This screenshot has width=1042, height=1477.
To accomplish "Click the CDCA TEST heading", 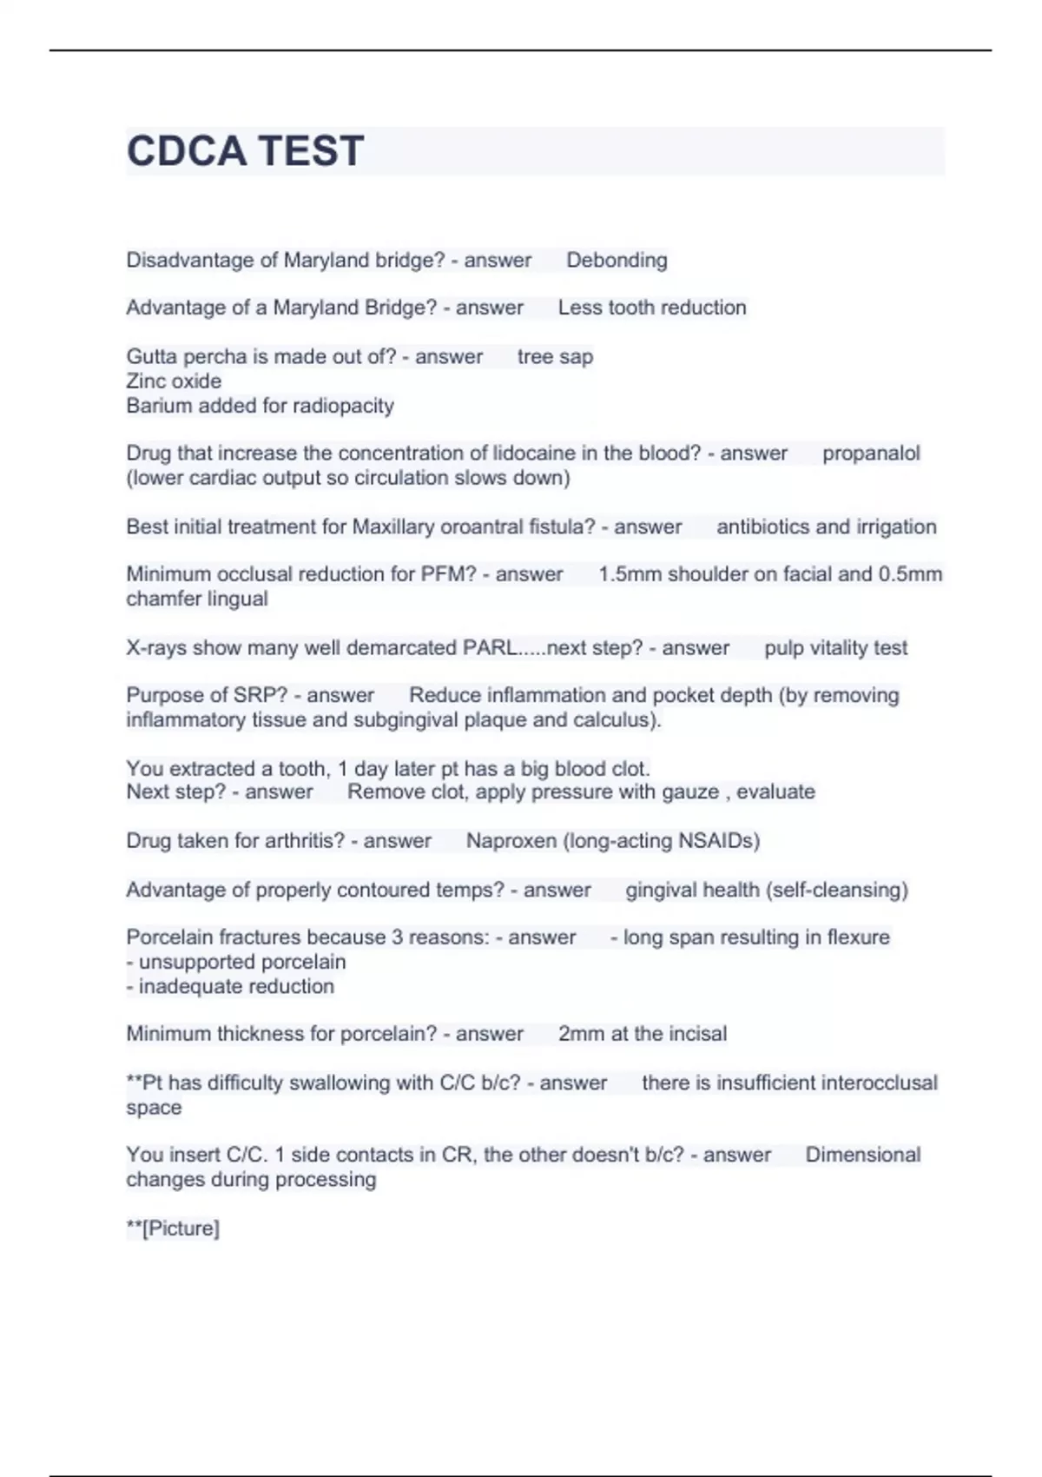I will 245,151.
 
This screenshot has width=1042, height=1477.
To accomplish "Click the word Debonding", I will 617,261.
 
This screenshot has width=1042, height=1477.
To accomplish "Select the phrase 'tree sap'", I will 555,357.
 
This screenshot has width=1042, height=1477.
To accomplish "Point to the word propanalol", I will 871,454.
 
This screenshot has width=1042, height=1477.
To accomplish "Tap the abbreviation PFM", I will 448,574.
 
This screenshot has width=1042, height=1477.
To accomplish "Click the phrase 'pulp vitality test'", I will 835,648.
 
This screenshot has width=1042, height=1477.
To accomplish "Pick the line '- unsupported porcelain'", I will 236,963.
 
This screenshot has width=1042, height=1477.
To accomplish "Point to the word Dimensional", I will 862,1156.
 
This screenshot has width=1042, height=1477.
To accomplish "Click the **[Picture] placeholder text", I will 173,1229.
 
